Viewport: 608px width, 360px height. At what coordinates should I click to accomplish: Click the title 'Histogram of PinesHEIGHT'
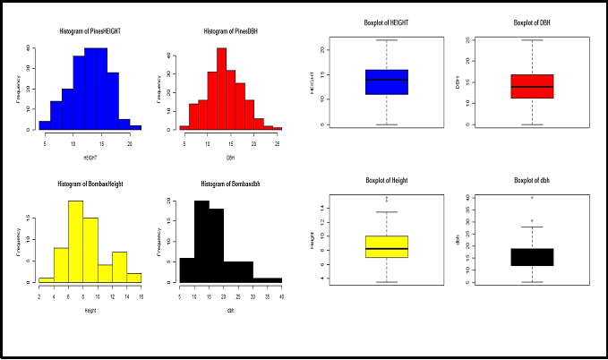(90, 30)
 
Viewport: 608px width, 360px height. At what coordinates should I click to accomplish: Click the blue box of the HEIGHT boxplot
(387, 81)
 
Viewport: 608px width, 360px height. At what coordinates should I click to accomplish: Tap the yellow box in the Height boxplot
(387, 246)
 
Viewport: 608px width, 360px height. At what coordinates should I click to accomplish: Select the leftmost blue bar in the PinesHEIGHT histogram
(45, 125)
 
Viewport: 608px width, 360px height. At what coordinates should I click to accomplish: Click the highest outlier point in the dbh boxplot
(532, 198)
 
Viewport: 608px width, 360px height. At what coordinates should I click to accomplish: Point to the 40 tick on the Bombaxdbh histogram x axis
(281, 296)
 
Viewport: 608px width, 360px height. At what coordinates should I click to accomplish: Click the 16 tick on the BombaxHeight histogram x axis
(141, 296)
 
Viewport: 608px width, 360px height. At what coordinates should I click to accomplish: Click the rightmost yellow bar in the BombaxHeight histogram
(134, 278)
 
